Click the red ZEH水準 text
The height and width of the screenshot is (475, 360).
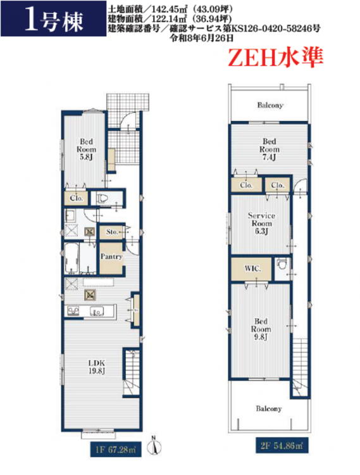coord(276,58)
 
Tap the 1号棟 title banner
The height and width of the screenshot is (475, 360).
coord(54,19)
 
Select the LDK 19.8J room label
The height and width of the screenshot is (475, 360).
coord(97,367)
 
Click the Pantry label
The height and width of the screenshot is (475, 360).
coord(111,256)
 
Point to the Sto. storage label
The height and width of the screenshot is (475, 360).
coord(111,232)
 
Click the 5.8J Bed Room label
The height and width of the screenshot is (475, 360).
coord(86,149)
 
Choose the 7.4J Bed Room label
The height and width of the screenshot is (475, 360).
coord(269,149)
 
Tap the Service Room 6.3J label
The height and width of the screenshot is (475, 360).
coord(261,224)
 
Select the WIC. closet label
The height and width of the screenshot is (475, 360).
coord(252,269)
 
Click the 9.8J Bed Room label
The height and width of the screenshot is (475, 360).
coord(261,329)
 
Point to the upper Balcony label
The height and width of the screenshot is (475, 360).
coord(270,105)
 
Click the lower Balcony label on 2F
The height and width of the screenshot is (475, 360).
coord(269,408)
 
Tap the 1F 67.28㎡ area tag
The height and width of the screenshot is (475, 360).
coord(116,449)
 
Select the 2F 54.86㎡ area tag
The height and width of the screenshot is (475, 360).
coord(282,446)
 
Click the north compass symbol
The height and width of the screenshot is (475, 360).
coord(154,446)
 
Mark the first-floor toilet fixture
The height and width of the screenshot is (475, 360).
coord(102,198)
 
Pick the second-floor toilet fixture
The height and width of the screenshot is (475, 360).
coord(282,264)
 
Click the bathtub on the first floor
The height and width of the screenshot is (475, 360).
coord(71,258)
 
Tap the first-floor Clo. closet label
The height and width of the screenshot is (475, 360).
coord(76,198)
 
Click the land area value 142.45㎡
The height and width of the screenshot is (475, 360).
coord(173,9)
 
